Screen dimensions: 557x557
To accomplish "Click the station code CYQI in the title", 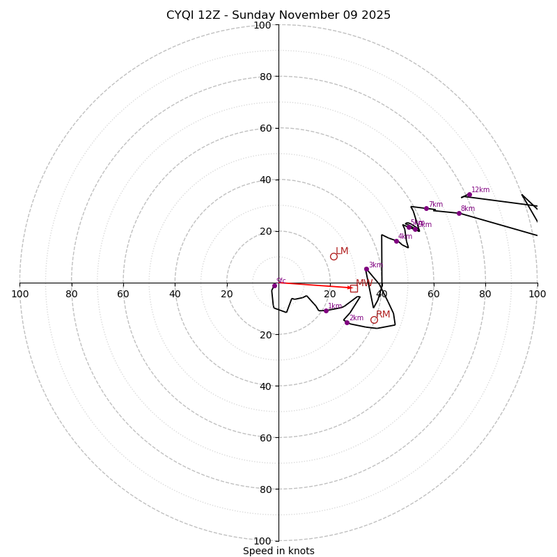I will tap(182, 15).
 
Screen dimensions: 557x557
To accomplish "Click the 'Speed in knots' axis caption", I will tap(278, 551).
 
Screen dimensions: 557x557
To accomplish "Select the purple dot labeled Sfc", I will tap(274, 285).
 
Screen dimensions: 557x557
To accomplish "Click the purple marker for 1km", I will tap(326, 311).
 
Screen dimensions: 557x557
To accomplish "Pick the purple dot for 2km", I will tap(347, 322).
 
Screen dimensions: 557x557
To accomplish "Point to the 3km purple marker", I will tap(366, 269).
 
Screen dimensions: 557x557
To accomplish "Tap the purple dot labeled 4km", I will tap(396, 241).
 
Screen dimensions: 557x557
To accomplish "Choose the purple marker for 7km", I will tap(427, 208).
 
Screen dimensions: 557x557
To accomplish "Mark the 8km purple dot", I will tap(459, 213).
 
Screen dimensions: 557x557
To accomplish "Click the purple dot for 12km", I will tap(469, 195).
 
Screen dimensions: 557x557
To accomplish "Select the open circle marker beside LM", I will tap(334, 256).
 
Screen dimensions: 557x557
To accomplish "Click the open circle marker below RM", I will tap(374, 320).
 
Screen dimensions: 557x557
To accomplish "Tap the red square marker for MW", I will tap(354, 288).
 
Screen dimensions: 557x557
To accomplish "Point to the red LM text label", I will tap(342, 251).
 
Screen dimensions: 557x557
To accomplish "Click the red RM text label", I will tap(383, 315).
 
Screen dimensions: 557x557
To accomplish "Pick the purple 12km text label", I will tap(480, 190).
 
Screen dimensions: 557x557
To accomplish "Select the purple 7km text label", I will tap(435, 205).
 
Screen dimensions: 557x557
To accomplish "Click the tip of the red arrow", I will tap(352, 288).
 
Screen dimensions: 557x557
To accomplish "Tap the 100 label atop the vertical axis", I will tap(262, 25).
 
